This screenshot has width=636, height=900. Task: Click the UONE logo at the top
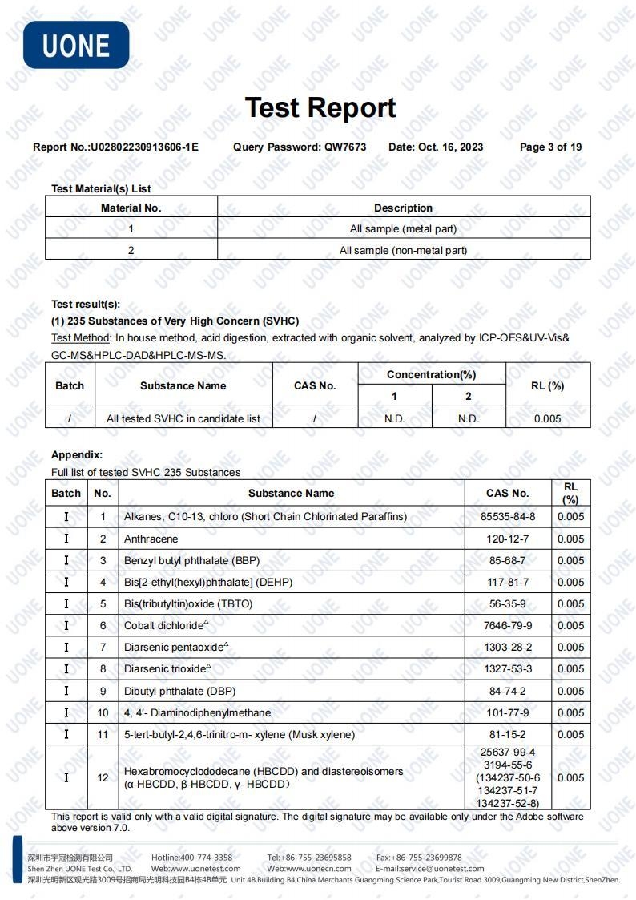pyautogui.click(x=76, y=44)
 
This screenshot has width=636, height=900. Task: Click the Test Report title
pyautogui.click(x=320, y=107)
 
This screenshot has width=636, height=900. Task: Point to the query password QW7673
pyautogui.click(x=345, y=147)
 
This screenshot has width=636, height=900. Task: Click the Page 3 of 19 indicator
pyautogui.click(x=550, y=147)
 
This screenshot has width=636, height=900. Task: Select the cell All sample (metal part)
pyautogui.click(x=403, y=229)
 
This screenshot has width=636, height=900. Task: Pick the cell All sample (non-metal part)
pyautogui.click(x=403, y=250)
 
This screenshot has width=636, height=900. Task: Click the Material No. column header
pyautogui.click(x=131, y=208)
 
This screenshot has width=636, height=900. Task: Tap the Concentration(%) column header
pyautogui.click(x=431, y=374)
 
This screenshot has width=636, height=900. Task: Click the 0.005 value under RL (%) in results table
pyautogui.click(x=547, y=418)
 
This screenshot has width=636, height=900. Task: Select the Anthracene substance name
pyautogui.click(x=151, y=539)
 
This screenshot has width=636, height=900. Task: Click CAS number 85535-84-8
pyautogui.click(x=508, y=517)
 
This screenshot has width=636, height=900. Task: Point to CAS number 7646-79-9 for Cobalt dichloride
pyautogui.click(x=508, y=626)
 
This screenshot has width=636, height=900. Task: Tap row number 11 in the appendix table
pyautogui.click(x=103, y=734)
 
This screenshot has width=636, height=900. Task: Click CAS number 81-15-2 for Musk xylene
pyautogui.click(x=508, y=734)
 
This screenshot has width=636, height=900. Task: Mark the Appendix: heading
pyautogui.click(x=77, y=455)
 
